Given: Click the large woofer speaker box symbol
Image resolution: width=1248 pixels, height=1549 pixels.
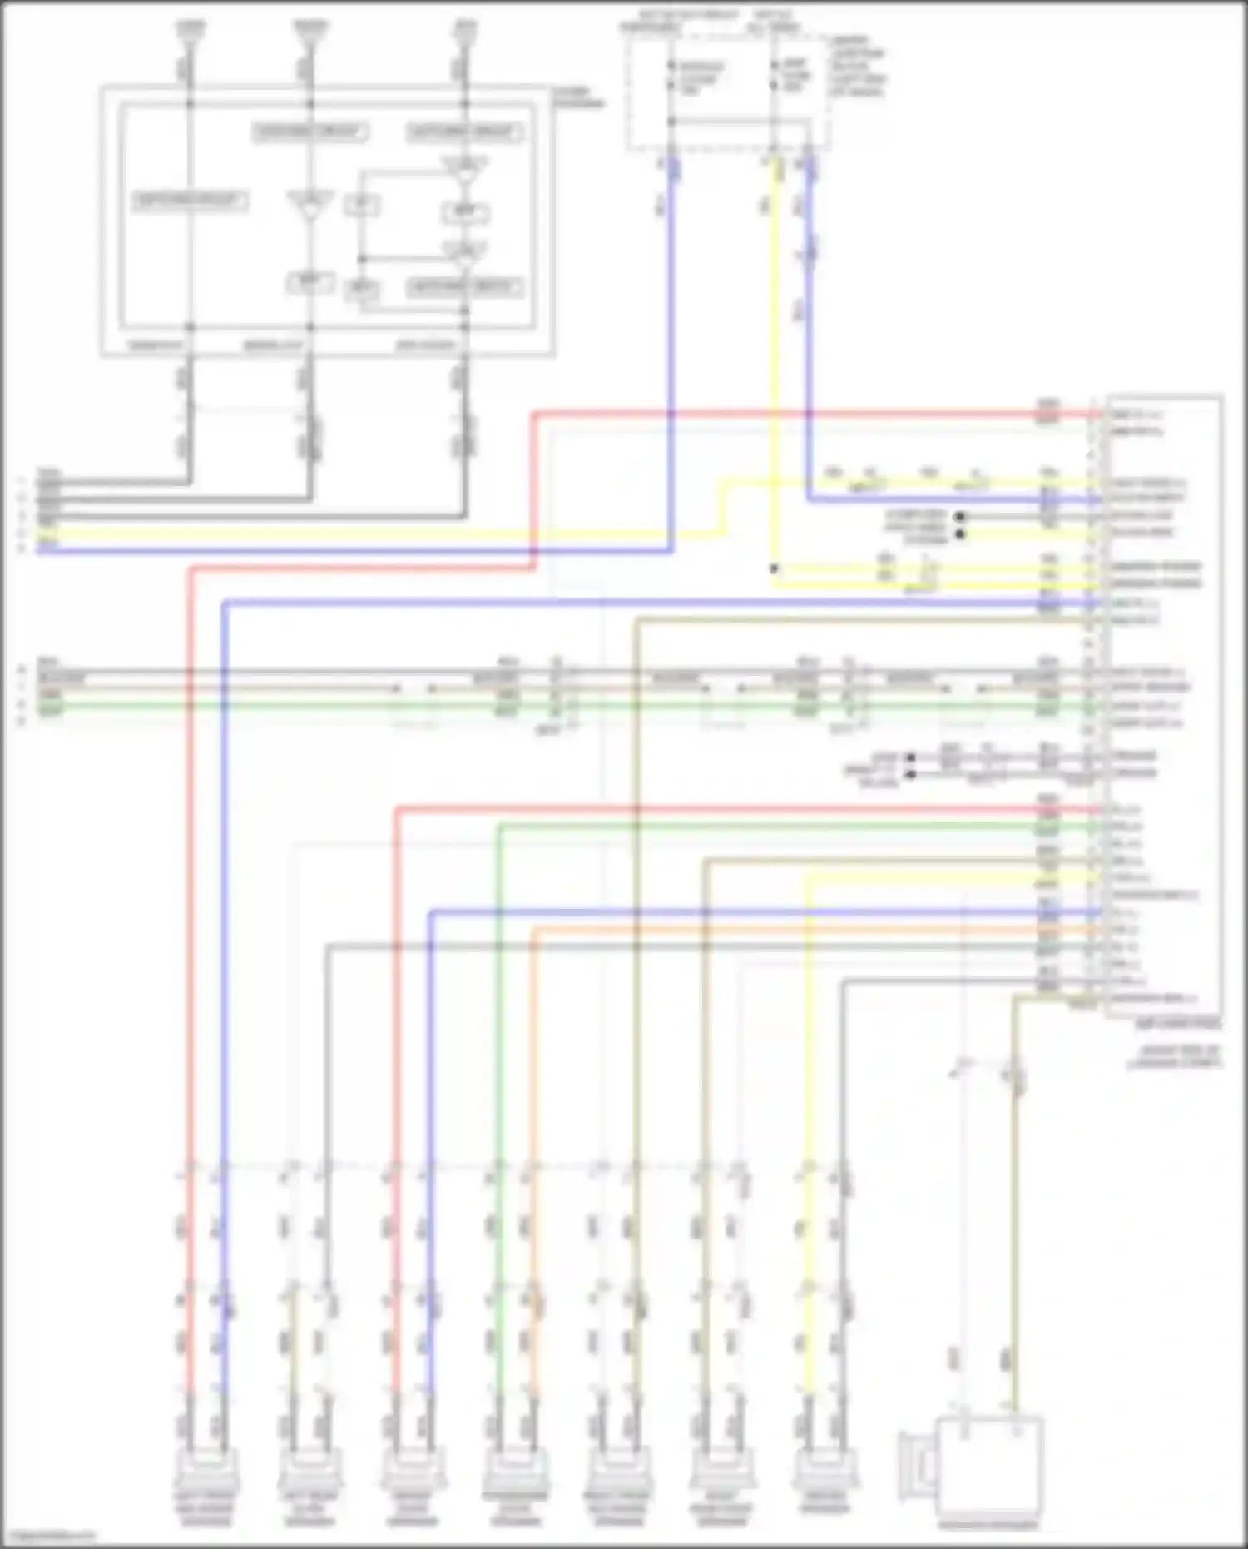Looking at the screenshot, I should pyautogui.click(x=989, y=1472).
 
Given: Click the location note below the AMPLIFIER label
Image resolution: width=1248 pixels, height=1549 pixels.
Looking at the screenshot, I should pyautogui.click(x=1175, y=1058).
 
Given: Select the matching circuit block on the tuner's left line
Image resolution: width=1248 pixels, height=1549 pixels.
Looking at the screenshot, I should pyautogui.click(x=190, y=201).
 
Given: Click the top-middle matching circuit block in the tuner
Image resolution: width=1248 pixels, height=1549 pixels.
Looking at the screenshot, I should pyautogui.click(x=310, y=132).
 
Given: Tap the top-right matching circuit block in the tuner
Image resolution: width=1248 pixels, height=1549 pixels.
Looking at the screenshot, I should pyautogui.click(x=464, y=132).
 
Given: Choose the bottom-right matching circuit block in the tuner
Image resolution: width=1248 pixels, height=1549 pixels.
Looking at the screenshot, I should pyautogui.click(x=464, y=288).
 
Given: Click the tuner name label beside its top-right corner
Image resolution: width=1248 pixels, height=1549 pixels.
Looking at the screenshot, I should pyautogui.click(x=579, y=97).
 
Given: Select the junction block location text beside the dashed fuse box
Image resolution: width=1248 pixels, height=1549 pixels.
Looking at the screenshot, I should pyautogui.click(x=857, y=67).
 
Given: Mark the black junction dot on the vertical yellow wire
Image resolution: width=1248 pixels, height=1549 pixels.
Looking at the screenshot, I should pyautogui.click(x=774, y=569).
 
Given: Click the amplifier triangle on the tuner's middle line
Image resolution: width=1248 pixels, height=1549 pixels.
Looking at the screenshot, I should pyautogui.click(x=310, y=205).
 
